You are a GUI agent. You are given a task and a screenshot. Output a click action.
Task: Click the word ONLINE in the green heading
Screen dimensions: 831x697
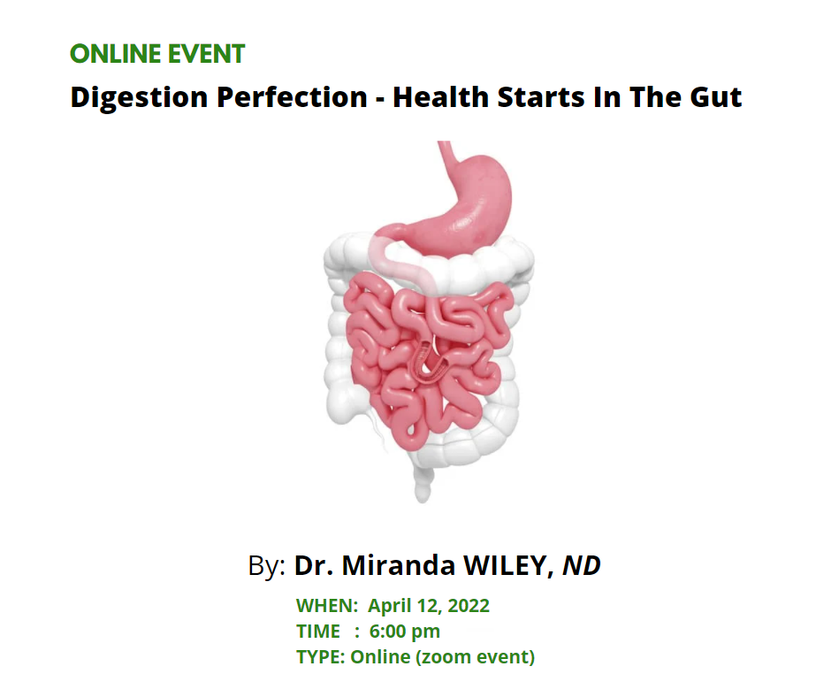click(x=115, y=54)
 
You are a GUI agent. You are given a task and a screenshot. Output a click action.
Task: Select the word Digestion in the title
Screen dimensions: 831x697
click(x=139, y=98)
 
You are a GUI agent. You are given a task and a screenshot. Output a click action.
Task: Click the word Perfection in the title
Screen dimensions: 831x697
click(x=292, y=97)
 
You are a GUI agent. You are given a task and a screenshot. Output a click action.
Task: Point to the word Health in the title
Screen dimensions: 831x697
click(x=440, y=97)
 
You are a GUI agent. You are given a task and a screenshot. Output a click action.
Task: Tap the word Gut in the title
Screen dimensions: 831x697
click(x=715, y=97)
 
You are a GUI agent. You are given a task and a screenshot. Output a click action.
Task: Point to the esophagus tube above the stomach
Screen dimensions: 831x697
click(x=449, y=159)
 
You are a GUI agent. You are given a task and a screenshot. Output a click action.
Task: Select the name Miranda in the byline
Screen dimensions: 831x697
click(x=398, y=565)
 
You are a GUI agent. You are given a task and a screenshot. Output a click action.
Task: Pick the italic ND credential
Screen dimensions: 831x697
click(x=582, y=565)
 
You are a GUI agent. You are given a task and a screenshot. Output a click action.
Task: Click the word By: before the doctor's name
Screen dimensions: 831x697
click(x=267, y=566)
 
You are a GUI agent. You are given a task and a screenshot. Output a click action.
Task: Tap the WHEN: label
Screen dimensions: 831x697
click(x=327, y=606)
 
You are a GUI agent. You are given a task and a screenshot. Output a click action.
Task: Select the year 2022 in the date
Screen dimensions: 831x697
click(x=469, y=606)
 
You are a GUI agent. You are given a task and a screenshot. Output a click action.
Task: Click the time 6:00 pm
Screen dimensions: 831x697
click(x=404, y=632)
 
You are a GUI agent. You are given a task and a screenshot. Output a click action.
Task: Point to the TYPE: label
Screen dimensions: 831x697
click(x=321, y=657)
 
